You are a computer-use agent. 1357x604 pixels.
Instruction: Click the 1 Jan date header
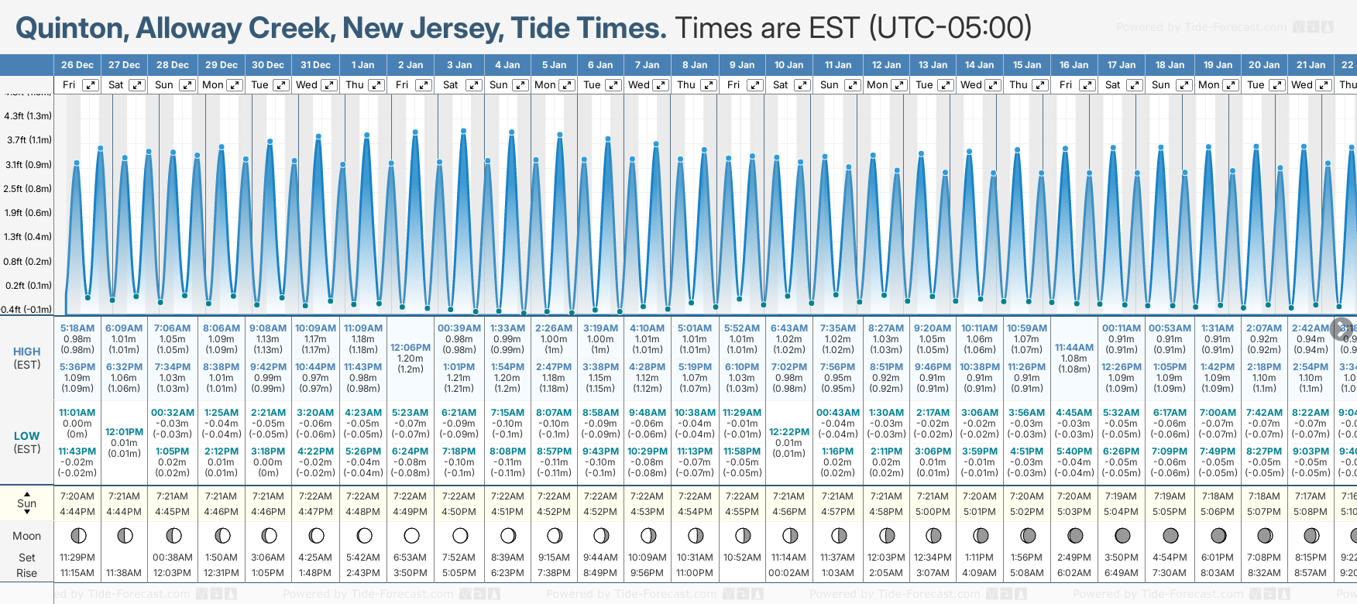click(362, 65)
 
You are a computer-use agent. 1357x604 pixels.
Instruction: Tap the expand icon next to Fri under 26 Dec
click(91, 85)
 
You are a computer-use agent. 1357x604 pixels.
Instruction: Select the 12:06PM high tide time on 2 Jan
click(411, 348)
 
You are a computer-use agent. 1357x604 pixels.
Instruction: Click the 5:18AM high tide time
click(77, 328)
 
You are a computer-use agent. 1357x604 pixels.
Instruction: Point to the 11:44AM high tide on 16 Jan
click(1074, 348)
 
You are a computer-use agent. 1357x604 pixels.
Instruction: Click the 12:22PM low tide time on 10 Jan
click(789, 432)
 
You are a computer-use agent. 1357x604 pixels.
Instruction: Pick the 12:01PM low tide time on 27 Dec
click(124, 432)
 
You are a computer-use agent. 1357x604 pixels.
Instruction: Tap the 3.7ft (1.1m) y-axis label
click(28, 140)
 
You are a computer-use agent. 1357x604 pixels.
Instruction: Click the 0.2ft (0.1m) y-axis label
click(28, 285)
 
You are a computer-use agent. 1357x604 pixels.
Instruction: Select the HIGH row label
click(27, 352)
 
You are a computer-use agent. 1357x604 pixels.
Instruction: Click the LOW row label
click(27, 436)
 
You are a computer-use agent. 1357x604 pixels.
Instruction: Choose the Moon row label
click(27, 536)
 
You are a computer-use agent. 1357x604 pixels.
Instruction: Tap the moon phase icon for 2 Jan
click(411, 535)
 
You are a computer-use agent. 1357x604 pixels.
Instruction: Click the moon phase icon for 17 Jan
click(1122, 535)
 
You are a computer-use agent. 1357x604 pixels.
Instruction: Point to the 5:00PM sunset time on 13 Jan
click(933, 512)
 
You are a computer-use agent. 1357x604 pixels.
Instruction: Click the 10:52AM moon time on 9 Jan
click(742, 558)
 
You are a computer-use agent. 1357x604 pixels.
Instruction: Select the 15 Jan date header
click(1027, 65)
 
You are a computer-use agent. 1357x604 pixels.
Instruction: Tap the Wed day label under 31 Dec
click(307, 85)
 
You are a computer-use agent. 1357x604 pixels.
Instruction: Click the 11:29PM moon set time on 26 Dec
click(77, 558)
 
